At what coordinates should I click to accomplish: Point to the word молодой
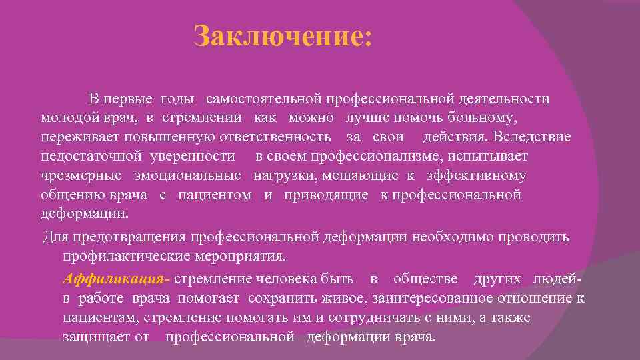[67, 118]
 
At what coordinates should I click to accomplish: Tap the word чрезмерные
[81, 176]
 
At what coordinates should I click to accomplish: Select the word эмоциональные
[187, 176]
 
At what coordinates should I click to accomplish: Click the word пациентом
[215, 195]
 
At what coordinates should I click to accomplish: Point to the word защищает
[96, 337]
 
